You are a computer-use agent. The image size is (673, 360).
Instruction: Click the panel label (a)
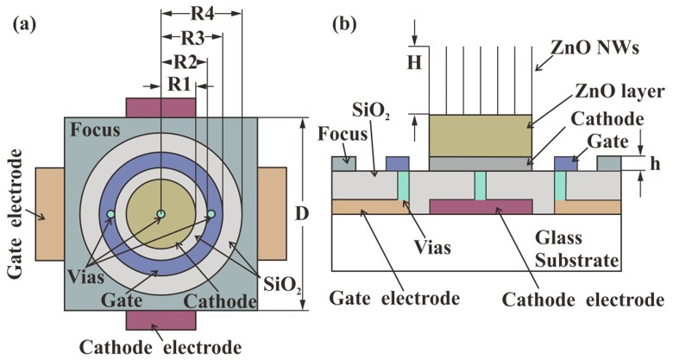pos(24,23)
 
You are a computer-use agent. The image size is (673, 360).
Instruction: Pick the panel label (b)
pos(345,23)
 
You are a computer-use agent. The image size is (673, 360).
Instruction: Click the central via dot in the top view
pos(160,214)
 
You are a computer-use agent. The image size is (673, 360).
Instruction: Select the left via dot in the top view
pos(110,214)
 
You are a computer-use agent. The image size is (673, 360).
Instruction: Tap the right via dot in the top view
pos(211,214)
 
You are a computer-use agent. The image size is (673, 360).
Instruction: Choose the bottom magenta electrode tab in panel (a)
pos(161,320)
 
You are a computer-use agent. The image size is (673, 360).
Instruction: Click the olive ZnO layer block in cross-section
pos(480,135)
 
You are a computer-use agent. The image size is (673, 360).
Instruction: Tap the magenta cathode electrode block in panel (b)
pos(480,206)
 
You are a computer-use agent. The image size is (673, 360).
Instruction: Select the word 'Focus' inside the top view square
pos(96,132)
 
